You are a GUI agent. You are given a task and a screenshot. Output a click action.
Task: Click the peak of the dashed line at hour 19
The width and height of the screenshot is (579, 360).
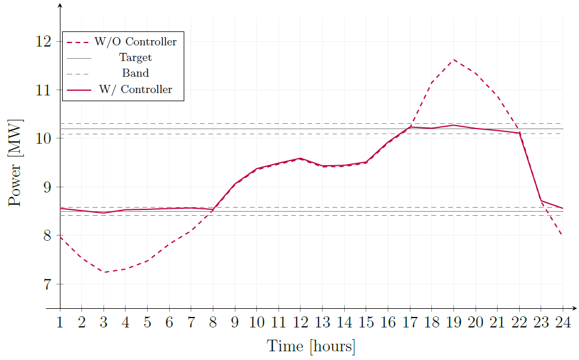pos(453,59)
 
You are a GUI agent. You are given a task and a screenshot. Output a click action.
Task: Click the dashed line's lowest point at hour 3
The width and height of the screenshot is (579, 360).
pos(104,272)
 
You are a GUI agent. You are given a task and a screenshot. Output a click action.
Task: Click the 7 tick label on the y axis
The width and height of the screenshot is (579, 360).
pos(48,284)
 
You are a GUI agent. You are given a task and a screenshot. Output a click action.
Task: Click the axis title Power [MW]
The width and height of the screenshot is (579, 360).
pos(16,163)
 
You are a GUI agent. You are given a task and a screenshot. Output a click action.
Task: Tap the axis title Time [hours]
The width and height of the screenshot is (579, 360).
pos(311,347)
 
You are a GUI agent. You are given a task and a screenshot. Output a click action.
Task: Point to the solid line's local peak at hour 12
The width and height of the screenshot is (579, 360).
pos(301,158)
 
